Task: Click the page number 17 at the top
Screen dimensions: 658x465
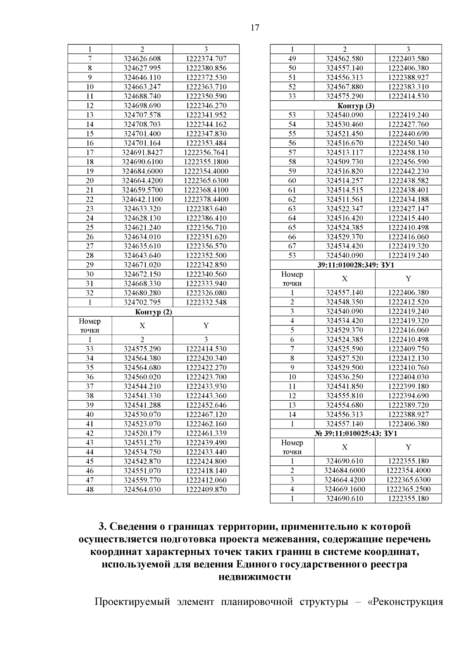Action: tap(255, 28)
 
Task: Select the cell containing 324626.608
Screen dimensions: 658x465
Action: tap(142, 59)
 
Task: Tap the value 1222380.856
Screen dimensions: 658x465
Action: tap(206, 68)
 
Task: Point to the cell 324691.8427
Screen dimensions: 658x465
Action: tap(142, 152)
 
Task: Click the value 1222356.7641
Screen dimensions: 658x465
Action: tap(206, 152)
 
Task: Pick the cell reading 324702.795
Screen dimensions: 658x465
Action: tap(142, 302)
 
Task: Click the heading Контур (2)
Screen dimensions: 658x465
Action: tap(153, 312)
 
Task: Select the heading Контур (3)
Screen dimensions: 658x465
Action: tap(356, 106)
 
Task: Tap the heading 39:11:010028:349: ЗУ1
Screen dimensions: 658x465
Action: tap(356, 265)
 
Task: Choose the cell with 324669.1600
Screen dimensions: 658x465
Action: tap(344, 489)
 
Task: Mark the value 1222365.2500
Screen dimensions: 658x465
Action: tap(408, 489)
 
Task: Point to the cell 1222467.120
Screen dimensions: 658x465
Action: tap(206, 415)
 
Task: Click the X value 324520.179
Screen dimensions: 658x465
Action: tap(142, 433)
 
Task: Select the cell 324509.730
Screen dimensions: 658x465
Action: tap(344, 162)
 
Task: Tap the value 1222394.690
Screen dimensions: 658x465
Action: tap(408, 396)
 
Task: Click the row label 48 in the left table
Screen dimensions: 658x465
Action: tap(90, 489)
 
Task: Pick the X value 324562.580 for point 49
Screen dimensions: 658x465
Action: tap(344, 59)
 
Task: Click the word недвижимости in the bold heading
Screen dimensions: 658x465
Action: tap(255, 577)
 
